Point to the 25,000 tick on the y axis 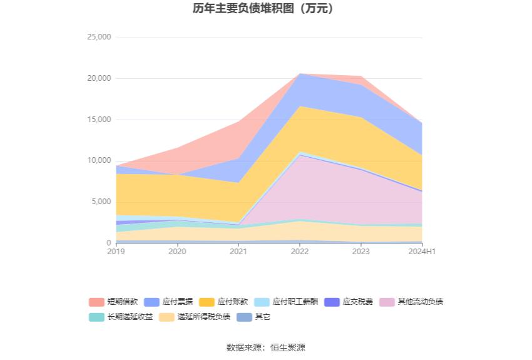point(99,37)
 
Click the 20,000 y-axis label point(99,78)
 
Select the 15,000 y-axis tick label point(99,120)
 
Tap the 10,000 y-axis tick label point(99,160)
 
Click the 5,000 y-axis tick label point(101,202)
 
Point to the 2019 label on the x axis point(116,252)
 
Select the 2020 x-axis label point(177,252)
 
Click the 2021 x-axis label point(238,252)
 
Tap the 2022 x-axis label point(300,252)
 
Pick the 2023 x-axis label point(361,252)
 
